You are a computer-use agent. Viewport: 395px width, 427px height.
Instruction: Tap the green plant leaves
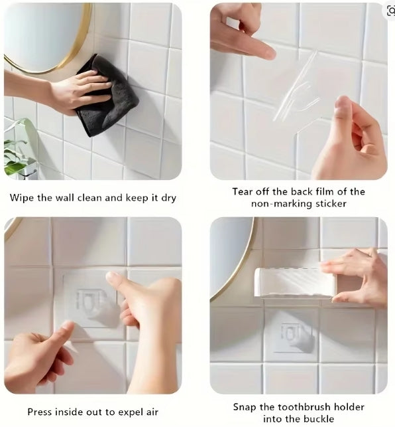pos(17,153)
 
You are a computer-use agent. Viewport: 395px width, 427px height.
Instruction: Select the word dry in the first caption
pos(168,199)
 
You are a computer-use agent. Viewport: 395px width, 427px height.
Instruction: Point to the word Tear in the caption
pos(242,192)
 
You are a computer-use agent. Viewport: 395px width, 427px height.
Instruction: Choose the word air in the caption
pos(152,412)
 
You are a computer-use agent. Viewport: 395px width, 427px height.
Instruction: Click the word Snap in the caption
pos(245,407)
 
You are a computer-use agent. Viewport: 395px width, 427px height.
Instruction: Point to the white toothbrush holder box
pos(295,283)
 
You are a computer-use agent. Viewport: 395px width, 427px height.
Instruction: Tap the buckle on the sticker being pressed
pos(89,302)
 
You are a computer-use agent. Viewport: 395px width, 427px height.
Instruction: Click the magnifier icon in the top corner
pos(391,11)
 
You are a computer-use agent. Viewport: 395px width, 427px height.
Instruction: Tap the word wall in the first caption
pos(65,198)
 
